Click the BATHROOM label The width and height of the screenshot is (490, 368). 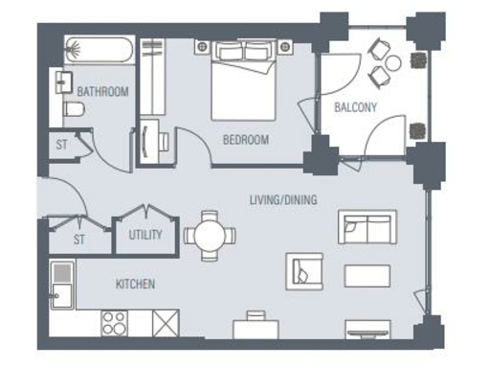click(102, 92)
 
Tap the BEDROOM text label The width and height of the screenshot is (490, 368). click(245, 140)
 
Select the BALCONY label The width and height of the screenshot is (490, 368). click(355, 107)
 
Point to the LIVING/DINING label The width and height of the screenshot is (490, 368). click(282, 200)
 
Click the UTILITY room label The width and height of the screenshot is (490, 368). click(145, 235)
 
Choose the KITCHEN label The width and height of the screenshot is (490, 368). click(135, 285)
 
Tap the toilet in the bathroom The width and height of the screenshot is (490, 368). click(75, 111)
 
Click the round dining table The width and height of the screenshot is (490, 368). click(209, 235)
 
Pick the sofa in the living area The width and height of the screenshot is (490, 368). click(367, 228)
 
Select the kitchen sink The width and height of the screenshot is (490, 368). click(62, 284)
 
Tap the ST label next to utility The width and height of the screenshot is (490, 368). click(78, 240)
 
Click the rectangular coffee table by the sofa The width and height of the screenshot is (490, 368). click(367, 275)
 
